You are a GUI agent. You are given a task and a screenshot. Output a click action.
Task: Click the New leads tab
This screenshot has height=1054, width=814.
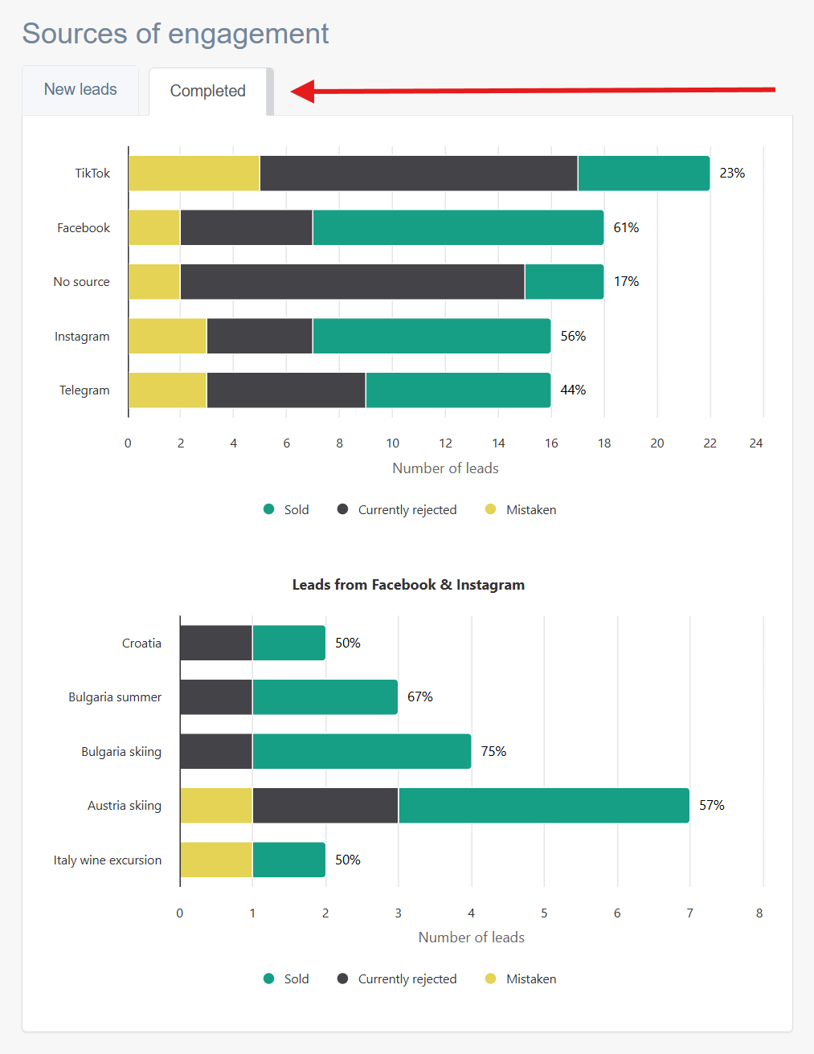(x=80, y=90)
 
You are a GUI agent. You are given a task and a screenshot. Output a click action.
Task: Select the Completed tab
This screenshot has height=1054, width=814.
(x=208, y=92)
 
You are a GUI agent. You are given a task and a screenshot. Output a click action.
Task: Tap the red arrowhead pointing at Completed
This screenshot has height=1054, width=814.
(x=303, y=91)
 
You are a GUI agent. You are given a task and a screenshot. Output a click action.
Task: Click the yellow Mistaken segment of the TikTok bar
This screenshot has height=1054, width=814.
(x=194, y=174)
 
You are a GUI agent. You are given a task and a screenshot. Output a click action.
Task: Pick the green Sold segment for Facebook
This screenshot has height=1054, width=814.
(x=458, y=227)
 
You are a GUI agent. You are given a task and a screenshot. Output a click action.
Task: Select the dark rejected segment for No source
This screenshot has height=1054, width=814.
(x=353, y=281)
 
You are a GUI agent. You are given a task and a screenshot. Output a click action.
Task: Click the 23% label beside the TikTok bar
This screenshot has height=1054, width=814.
(x=732, y=174)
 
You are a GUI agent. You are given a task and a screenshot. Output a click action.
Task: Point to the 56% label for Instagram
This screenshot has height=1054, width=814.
(x=573, y=336)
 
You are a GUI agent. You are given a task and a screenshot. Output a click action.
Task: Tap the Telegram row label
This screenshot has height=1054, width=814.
(x=84, y=390)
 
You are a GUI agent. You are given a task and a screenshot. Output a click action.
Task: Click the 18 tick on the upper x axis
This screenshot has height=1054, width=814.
(x=604, y=443)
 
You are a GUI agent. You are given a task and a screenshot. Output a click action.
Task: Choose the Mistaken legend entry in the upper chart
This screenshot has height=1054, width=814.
(x=521, y=509)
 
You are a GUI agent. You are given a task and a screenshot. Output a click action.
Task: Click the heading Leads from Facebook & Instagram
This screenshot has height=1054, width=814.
(x=408, y=585)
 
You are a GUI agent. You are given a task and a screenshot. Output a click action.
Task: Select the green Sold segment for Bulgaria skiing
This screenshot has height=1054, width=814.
(x=362, y=751)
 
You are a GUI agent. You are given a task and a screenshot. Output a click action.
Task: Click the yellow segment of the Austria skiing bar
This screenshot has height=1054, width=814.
(x=216, y=805)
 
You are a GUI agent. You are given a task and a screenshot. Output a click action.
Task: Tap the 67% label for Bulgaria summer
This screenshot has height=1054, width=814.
(x=419, y=697)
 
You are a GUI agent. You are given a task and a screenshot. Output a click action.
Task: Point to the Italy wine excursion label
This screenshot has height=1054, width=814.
(x=107, y=860)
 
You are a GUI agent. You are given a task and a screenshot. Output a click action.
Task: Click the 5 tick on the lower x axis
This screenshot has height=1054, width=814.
(x=544, y=913)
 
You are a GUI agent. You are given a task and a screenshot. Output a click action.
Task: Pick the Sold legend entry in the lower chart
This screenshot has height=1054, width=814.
(x=286, y=978)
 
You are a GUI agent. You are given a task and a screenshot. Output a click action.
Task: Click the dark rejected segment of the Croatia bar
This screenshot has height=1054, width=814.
(x=216, y=643)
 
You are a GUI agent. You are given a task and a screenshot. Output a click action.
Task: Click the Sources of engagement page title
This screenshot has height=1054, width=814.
(x=176, y=34)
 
